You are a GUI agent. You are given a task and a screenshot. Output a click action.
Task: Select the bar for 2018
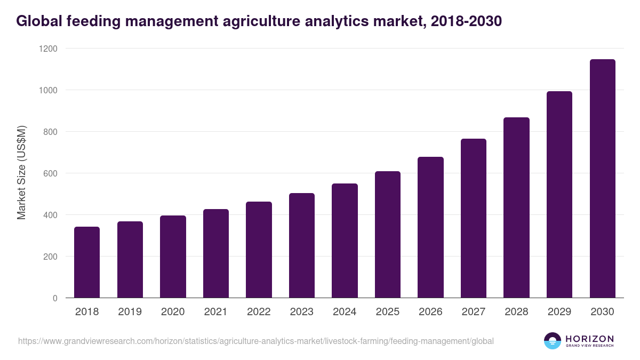(x=87, y=262)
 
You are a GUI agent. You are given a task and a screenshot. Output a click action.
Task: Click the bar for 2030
(x=603, y=179)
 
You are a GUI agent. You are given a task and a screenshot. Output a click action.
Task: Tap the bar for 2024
(x=345, y=241)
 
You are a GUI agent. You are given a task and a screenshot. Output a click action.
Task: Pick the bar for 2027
(x=474, y=218)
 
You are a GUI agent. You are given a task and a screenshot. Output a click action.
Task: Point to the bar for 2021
(x=216, y=253)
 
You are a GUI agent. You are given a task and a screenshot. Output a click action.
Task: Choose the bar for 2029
(x=559, y=195)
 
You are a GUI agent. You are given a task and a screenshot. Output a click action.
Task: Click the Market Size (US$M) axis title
(x=22, y=173)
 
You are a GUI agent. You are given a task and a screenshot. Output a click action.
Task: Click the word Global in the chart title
(x=39, y=21)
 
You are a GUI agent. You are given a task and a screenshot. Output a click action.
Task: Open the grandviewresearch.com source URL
(x=256, y=341)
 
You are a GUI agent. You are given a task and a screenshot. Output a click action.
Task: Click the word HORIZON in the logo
(x=590, y=339)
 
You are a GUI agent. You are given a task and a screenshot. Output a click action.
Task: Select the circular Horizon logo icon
(x=553, y=341)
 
